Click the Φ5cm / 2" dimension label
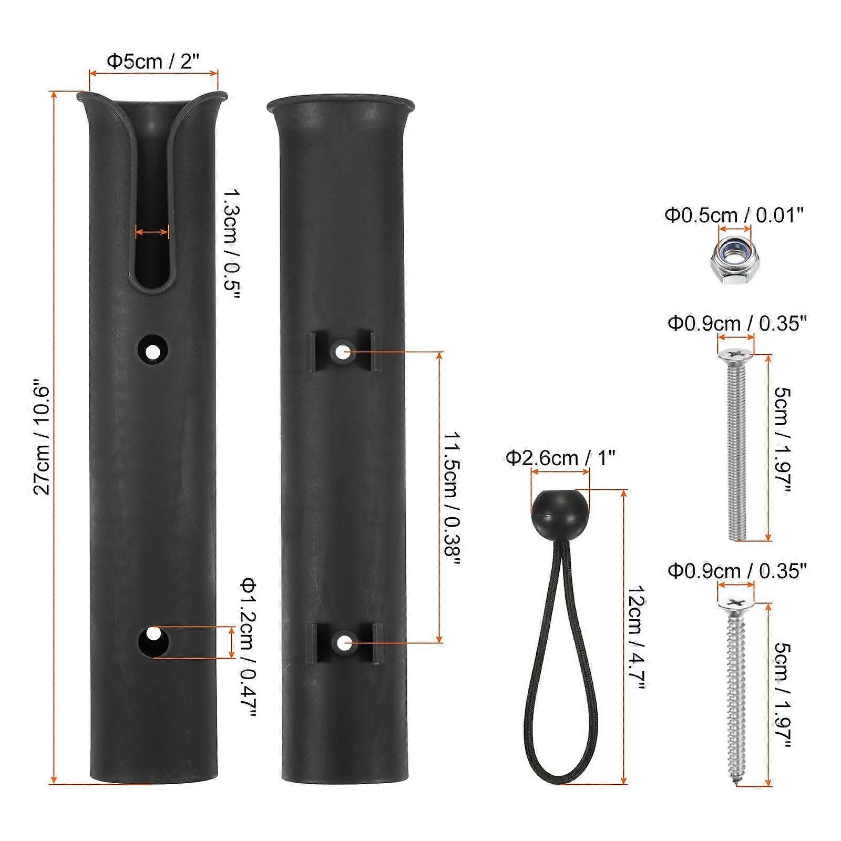pyautogui.click(x=153, y=61)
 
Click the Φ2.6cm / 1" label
pyautogui.click(x=560, y=458)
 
